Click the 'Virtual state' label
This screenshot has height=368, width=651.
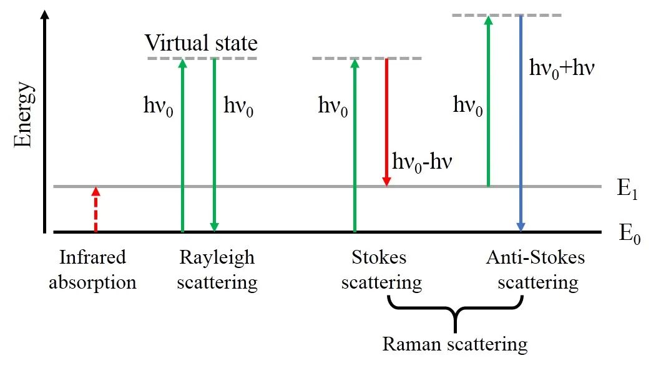pos(201,43)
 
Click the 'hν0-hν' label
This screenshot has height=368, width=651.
pos(422,162)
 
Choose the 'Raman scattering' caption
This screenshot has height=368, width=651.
pos(454,344)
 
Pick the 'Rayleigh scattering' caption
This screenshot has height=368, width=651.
pos(217,270)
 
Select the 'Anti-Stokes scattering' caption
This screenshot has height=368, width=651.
pos(536,270)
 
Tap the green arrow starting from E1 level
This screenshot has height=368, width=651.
pos(488,100)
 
